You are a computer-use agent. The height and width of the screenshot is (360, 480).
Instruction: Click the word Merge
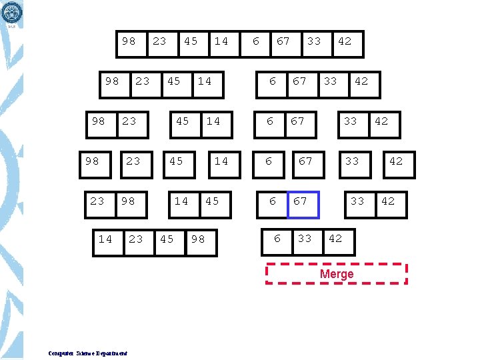pyautogui.click(x=337, y=274)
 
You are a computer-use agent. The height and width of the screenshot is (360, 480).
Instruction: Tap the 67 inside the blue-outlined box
pyautogui.click(x=301, y=201)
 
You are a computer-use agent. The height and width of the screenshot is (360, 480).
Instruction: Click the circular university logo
pyautogui.click(x=12, y=11)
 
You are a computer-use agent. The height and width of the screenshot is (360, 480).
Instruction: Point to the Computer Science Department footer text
pyautogui.click(x=88, y=353)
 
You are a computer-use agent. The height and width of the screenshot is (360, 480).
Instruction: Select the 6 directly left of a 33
pyautogui.click(x=277, y=239)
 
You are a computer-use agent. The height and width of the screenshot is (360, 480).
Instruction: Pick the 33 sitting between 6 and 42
pyautogui.click(x=304, y=239)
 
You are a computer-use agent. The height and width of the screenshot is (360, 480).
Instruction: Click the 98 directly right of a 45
pyautogui.click(x=198, y=239)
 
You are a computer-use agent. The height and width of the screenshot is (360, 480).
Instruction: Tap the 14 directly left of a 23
pyautogui.click(x=105, y=239)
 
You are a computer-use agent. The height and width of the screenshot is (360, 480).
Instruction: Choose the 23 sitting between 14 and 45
pyautogui.click(x=136, y=239)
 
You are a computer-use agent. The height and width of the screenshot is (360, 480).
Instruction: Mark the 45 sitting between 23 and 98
pyautogui.click(x=167, y=239)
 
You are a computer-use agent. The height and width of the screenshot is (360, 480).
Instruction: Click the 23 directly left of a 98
pyautogui.click(x=97, y=201)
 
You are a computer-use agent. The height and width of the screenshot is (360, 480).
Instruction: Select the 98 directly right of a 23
pyautogui.click(x=128, y=201)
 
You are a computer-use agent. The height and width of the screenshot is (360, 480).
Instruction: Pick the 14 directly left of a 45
pyautogui.click(x=181, y=201)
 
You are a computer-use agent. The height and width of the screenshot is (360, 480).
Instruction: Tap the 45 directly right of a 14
pyautogui.click(x=212, y=201)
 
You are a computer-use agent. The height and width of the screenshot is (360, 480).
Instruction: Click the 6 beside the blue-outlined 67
pyautogui.click(x=272, y=201)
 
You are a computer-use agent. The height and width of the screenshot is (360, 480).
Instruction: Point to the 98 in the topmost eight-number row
pyautogui.click(x=129, y=41)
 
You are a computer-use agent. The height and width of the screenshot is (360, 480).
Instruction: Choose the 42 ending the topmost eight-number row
pyautogui.click(x=345, y=41)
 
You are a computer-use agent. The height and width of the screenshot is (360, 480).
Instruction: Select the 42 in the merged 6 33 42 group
pyautogui.click(x=335, y=239)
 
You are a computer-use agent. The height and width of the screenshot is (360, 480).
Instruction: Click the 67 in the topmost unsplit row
pyautogui.click(x=283, y=41)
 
